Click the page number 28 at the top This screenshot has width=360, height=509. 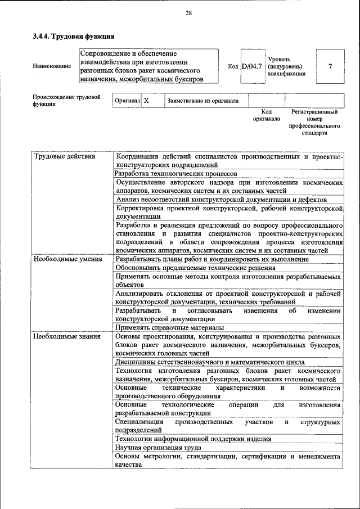(188, 13)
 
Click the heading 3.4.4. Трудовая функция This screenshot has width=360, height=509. (73, 37)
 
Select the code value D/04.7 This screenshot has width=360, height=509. (252, 66)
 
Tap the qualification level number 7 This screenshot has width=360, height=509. (330, 66)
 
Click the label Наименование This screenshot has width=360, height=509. (52, 66)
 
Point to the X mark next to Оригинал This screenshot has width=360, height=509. (146, 101)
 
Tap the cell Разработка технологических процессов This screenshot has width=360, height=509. (175, 174)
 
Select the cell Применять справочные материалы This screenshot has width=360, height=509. (170, 327)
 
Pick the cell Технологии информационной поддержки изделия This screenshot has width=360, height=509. (193, 439)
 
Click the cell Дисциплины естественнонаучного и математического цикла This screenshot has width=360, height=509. (210, 362)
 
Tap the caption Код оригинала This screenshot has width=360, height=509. (266, 115)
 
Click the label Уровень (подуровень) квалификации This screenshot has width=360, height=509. (287, 66)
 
